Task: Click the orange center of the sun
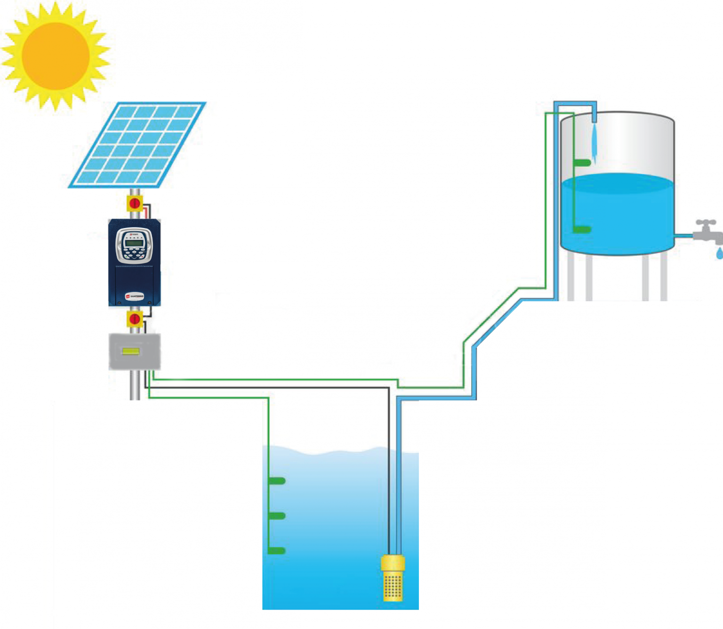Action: [56, 56]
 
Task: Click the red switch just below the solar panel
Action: [135, 204]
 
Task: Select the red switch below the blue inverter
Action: [135, 319]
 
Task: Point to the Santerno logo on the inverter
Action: [135, 296]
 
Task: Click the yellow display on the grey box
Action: [130, 351]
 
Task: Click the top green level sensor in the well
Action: [277, 481]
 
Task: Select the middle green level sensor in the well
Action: [277, 516]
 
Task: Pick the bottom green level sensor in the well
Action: [277, 551]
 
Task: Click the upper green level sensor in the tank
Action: [582, 163]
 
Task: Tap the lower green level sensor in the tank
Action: [582, 229]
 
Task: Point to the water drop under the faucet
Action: [719, 254]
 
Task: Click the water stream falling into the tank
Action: [594, 141]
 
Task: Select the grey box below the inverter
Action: [135, 351]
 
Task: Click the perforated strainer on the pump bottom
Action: [393, 587]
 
